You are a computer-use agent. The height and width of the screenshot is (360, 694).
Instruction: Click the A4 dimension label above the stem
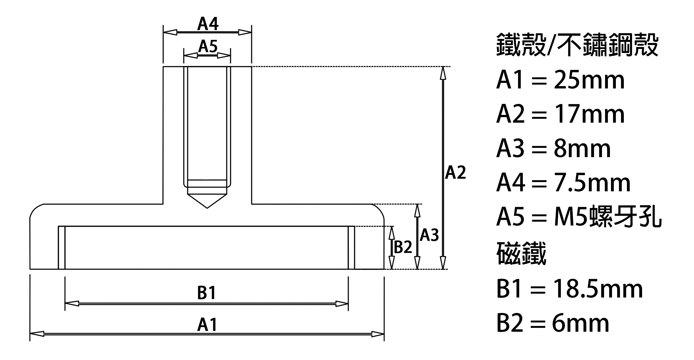click(x=208, y=24)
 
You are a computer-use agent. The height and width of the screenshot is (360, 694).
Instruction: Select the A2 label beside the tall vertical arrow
click(x=455, y=173)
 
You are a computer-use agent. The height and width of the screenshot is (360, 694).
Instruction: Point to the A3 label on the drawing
click(x=429, y=235)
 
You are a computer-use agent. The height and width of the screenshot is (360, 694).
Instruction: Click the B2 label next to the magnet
click(x=403, y=247)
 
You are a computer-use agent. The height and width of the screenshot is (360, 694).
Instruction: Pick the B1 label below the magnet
click(x=206, y=293)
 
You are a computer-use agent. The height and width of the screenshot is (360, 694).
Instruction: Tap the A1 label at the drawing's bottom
click(x=207, y=325)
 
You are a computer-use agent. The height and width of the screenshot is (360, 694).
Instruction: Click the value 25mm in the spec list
click(x=589, y=80)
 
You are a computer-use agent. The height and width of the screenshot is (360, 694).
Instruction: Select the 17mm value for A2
click(x=589, y=114)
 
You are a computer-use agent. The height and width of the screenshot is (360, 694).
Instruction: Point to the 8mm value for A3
click(x=582, y=149)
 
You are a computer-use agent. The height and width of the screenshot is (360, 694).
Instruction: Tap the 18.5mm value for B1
click(x=598, y=289)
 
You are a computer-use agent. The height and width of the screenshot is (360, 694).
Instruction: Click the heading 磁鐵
click(x=521, y=253)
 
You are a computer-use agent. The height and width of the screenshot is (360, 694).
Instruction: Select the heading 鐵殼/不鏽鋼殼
click(x=577, y=45)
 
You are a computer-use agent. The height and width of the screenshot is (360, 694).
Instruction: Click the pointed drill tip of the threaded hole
click(x=207, y=208)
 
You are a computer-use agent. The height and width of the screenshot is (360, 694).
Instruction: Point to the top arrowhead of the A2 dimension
click(x=443, y=73)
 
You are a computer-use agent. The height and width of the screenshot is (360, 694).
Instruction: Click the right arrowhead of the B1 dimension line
click(x=342, y=304)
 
